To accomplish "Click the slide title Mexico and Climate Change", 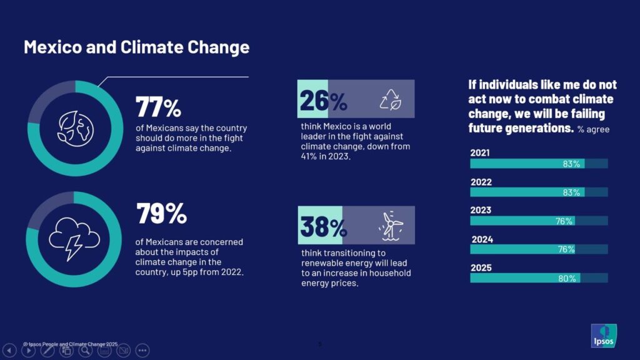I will tap(136, 47).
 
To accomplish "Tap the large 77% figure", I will tap(158, 107).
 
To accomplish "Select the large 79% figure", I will tap(161, 214).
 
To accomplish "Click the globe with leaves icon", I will tap(74, 128).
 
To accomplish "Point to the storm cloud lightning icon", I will tap(74, 238).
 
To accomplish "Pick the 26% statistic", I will tap(323, 100).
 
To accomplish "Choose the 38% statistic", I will tap(323, 227).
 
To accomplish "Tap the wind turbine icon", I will tap(392, 226).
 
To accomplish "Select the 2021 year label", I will tap(480, 153).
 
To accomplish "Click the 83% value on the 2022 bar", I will tap(571, 192).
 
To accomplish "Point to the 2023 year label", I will tap(481, 211).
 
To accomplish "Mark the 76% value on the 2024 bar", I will tap(565, 249).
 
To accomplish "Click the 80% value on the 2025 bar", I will tap(567, 279).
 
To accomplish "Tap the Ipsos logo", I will tap(603, 336).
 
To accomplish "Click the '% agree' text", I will tap(593, 129).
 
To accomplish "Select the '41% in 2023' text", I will tap(326, 157).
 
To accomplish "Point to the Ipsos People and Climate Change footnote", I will tap(70, 344).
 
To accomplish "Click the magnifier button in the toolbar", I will tap(85, 351).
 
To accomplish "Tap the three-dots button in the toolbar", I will tap(142, 351).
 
